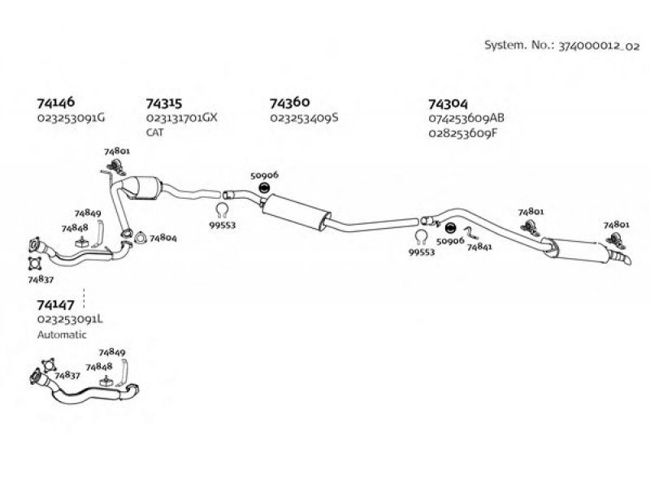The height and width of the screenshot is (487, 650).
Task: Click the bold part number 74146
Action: click(x=56, y=102)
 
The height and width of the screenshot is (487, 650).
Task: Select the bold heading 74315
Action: click(x=164, y=103)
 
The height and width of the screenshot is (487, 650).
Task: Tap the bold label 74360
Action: click(x=290, y=102)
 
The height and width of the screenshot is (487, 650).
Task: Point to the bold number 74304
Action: click(x=448, y=104)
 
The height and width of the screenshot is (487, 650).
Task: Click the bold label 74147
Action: click(x=55, y=305)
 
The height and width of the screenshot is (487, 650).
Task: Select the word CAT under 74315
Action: click(x=154, y=132)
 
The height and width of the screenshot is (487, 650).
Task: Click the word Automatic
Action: click(x=63, y=334)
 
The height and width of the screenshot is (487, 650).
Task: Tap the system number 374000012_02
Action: click(x=599, y=45)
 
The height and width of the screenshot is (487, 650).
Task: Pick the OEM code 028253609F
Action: click(x=462, y=134)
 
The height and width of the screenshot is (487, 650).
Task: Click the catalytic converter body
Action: click(x=143, y=187)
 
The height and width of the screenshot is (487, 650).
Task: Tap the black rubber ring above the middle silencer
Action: click(x=264, y=187)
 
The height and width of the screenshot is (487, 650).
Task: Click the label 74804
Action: click(x=163, y=238)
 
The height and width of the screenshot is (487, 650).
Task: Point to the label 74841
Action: click(x=479, y=247)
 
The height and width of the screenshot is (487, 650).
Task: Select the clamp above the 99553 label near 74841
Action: click(x=421, y=237)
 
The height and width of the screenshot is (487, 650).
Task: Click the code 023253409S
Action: click(x=304, y=118)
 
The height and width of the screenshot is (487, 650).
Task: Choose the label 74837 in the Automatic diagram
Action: click(x=67, y=375)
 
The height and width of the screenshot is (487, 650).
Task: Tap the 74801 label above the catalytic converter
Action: click(x=117, y=151)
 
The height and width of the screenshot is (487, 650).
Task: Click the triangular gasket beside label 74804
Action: click(x=141, y=238)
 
